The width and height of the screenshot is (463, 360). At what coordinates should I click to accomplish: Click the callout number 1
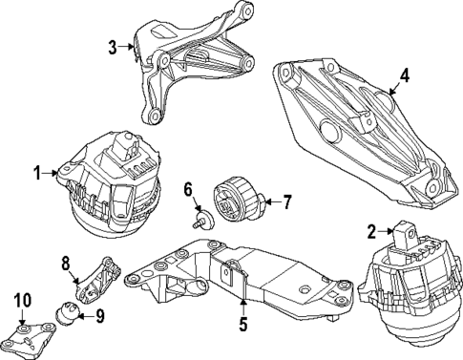tap(37, 173)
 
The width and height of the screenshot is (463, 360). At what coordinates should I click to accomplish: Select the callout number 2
tap(370, 229)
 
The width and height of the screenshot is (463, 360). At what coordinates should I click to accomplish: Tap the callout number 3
tap(112, 47)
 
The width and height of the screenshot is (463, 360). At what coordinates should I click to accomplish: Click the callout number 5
tap(242, 325)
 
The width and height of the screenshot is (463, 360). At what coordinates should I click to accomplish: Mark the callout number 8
tap(66, 262)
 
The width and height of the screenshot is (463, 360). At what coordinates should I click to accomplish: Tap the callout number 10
tap(20, 302)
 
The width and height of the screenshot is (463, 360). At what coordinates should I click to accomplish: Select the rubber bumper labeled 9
tap(69, 312)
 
